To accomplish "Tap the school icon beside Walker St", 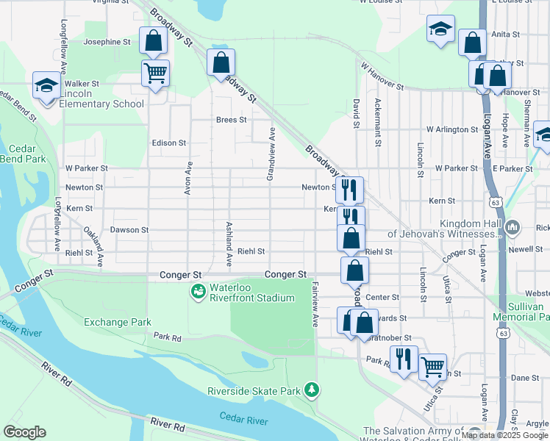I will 46,86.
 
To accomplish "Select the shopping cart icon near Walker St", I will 155,73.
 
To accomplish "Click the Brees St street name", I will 231,119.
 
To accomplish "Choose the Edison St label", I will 168,143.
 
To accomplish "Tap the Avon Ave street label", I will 188,178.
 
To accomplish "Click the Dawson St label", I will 129,230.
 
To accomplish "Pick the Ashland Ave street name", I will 229,243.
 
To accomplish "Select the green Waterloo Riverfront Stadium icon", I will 197,293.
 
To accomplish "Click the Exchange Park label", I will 118,322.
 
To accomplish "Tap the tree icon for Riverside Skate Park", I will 312,388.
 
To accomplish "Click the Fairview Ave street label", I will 315,304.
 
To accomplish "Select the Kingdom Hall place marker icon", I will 512,229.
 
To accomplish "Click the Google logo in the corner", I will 24,432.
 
